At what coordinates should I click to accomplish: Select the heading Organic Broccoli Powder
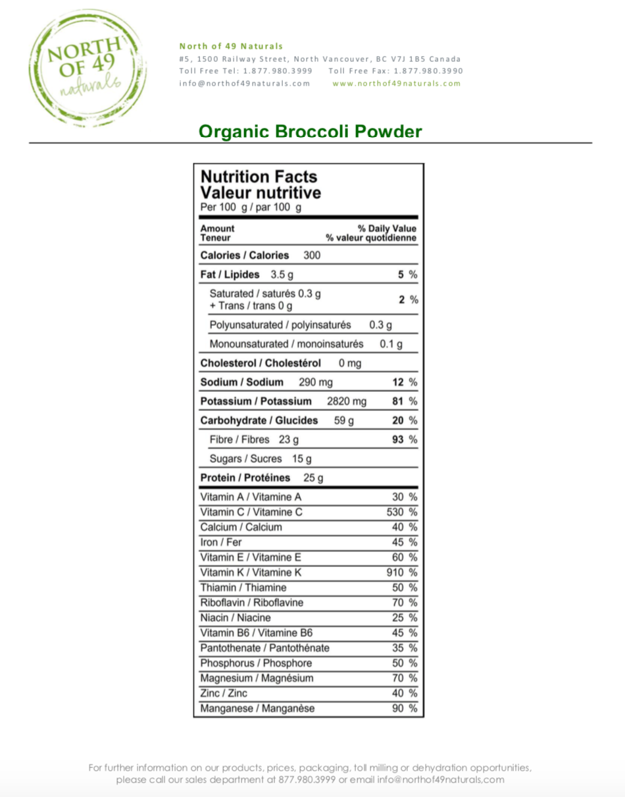[310, 132]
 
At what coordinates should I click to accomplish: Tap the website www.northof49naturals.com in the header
[397, 84]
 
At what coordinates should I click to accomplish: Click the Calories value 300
[311, 255]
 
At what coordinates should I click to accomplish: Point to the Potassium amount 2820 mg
[347, 401]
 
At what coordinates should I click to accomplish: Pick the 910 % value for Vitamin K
[401, 572]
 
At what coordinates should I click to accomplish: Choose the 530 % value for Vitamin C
[401, 512]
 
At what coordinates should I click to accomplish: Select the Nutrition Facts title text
[259, 177]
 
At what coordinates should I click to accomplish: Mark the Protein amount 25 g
[313, 478]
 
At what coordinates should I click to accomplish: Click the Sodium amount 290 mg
[316, 382]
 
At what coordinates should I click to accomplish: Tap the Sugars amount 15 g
[301, 458]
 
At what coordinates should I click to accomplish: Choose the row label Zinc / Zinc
[224, 694]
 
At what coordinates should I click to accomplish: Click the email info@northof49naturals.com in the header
[244, 84]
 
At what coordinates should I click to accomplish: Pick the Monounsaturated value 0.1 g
[391, 344]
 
